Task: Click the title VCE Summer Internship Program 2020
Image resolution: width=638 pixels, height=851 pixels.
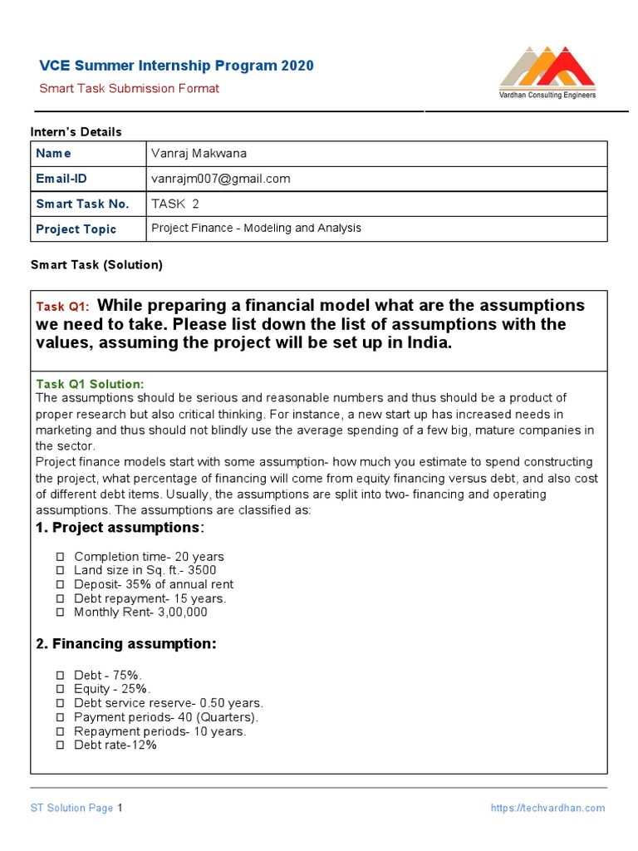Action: point(177,66)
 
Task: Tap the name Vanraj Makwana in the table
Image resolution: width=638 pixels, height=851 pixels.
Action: point(199,153)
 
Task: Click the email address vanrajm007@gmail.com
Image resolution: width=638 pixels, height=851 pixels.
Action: point(220,179)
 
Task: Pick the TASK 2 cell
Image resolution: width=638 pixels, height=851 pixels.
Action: point(175,204)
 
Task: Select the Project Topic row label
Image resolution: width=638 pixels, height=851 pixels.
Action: point(76,229)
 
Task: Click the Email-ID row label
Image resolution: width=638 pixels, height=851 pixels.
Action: point(61,179)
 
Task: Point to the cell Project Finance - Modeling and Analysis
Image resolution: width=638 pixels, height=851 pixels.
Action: point(256,229)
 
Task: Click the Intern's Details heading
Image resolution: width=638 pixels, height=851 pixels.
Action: point(76,132)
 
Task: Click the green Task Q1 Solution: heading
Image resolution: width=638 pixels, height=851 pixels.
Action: point(90,384)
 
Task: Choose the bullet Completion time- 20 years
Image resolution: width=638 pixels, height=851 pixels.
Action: point(149,557)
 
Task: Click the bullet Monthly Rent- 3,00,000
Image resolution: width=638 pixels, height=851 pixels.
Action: point(140,612)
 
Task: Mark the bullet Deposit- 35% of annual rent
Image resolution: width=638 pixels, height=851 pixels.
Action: point(154,584)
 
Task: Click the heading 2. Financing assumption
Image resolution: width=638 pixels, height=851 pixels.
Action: point(125,644)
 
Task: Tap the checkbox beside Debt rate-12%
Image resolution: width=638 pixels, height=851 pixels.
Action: point(60,745)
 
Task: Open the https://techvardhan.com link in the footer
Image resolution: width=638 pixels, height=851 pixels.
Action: point(547,808)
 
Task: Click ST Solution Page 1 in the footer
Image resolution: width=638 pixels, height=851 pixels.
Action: point(76,808)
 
